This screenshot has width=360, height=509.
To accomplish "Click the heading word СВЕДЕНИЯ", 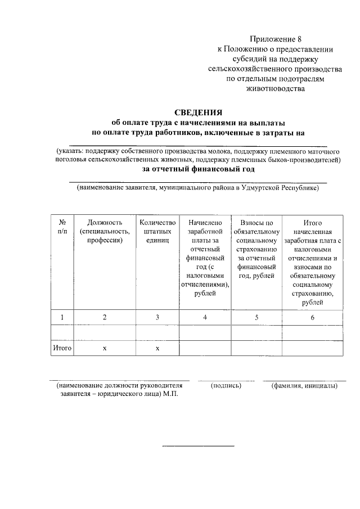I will pyautogui.click(x=198, y=112).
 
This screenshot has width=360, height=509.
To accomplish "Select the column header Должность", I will pyautogui.click(x=105, y=231).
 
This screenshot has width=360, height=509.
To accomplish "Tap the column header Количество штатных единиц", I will pyautogui.click(x=157, y=231).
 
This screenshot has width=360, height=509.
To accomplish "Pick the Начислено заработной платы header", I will pyautogui.click(x=205, y=259).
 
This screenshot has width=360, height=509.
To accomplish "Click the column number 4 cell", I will pyautogui.click(x=205, y=317).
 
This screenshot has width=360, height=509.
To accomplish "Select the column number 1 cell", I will pyautogui.click(x=62, y=317).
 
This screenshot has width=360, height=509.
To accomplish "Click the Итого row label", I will pyautogui.click(x=62, y=348).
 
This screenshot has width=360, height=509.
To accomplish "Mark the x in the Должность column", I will pyautogui.click(x=105, y=349).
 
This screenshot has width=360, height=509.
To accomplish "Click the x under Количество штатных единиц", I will pyautogui.click(x=157, y=349).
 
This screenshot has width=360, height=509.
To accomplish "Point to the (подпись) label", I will pyautogui.click(x=226, y=386).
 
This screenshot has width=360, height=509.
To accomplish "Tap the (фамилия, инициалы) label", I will pyautogui.click(x=304, y=386).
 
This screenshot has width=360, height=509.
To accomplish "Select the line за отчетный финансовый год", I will pyautogui.click(x=198, y=169).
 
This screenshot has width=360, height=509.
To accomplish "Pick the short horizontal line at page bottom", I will pyautogui.click(x=198, y=446).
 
